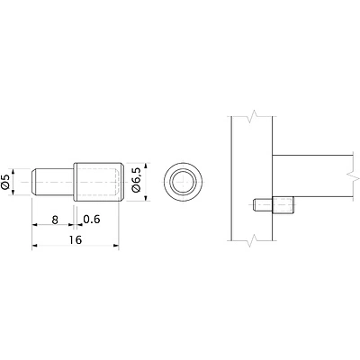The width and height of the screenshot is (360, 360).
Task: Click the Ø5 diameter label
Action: pos(6,182)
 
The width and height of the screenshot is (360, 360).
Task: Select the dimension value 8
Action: pos(55,220)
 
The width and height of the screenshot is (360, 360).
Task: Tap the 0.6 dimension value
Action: pos(92,220)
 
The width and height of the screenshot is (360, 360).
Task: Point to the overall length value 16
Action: pos(75,240)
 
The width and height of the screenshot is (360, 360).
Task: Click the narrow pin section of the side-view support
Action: pos(52,182)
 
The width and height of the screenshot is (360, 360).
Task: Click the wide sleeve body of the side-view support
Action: pos(99,182)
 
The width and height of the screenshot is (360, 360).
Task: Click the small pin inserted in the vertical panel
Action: pos(263,205)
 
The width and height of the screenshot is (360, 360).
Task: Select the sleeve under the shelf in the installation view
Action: pos(283,205)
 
